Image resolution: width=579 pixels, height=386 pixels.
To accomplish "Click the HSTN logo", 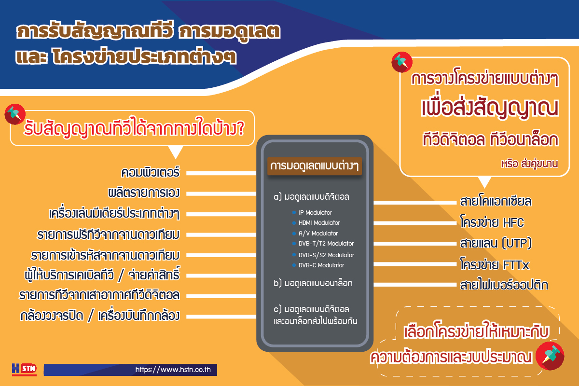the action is click(24, 369).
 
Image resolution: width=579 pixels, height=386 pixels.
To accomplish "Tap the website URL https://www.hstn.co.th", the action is click(173, 370).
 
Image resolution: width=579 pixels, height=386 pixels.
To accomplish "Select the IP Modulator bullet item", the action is click(315, 212).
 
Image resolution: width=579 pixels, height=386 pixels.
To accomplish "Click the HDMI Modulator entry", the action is click(319, 222).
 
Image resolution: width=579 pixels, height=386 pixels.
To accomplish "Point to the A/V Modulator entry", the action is click(318, 233).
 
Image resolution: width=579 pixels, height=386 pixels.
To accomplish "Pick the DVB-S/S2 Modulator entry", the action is click(326, 255).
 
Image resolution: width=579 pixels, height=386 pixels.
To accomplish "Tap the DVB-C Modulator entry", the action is click(321, 265).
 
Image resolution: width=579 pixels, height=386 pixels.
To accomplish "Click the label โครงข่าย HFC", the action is click(492, 222).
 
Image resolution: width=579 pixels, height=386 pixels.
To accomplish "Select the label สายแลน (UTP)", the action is click(496, 243).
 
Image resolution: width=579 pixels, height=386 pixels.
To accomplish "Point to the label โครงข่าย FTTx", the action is click(495, 264).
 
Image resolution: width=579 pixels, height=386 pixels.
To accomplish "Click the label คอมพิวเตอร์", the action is click(150, 172).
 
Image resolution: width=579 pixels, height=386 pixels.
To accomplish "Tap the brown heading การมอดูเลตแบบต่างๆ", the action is click(314, 166).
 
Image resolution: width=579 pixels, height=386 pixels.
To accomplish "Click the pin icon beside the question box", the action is click(15, 114).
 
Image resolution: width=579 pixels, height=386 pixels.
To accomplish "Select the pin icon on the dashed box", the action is click(550, 356).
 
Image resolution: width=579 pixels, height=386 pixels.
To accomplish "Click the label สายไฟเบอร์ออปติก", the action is click(504, 285).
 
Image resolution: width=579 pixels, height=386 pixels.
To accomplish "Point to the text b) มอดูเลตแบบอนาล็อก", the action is click(313, 283).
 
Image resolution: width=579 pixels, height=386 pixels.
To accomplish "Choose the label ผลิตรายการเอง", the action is click(144, 193).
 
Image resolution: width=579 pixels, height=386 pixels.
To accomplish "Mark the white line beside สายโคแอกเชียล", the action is click(415, 203).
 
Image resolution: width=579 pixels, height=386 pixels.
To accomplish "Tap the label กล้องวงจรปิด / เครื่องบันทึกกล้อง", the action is click(100, 316).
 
